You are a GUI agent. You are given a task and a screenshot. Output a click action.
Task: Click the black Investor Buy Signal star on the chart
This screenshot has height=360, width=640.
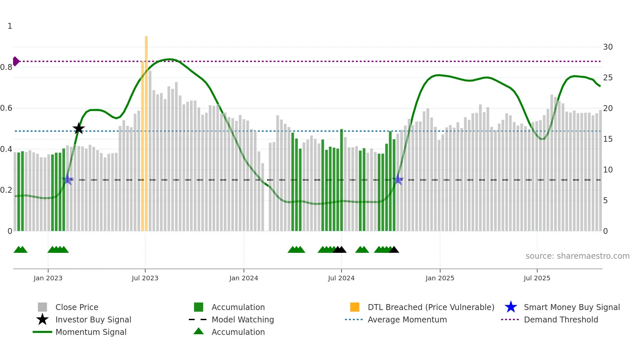click(78, 129)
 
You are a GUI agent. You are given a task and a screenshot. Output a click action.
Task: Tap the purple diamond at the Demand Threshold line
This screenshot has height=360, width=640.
click(16, 61)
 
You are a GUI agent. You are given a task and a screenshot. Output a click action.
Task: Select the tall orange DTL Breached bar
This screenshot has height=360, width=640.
click(146, 131)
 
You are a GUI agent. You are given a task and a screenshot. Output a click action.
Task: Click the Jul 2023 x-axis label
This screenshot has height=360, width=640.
click(145, 278)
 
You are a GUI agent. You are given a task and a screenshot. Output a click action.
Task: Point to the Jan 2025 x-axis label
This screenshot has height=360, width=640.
click(440, 278)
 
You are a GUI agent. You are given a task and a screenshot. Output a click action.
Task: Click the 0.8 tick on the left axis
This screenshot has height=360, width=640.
click(7, 67)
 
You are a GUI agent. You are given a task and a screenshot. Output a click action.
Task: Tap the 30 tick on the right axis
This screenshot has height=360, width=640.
click(608, 47)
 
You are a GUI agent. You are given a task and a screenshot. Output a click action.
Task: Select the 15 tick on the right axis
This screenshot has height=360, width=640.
click(608, 139)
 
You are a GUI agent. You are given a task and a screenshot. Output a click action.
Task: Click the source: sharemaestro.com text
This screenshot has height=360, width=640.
click(577, 256)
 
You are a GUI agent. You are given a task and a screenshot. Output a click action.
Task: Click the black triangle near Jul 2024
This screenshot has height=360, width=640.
click(340, 250)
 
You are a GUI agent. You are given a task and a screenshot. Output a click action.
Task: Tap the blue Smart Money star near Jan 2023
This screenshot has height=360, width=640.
click(68, 180)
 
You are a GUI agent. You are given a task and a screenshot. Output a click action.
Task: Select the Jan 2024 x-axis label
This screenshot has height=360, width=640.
click(244, 278)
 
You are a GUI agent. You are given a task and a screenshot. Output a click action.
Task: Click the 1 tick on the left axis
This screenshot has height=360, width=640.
click(10, 26)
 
